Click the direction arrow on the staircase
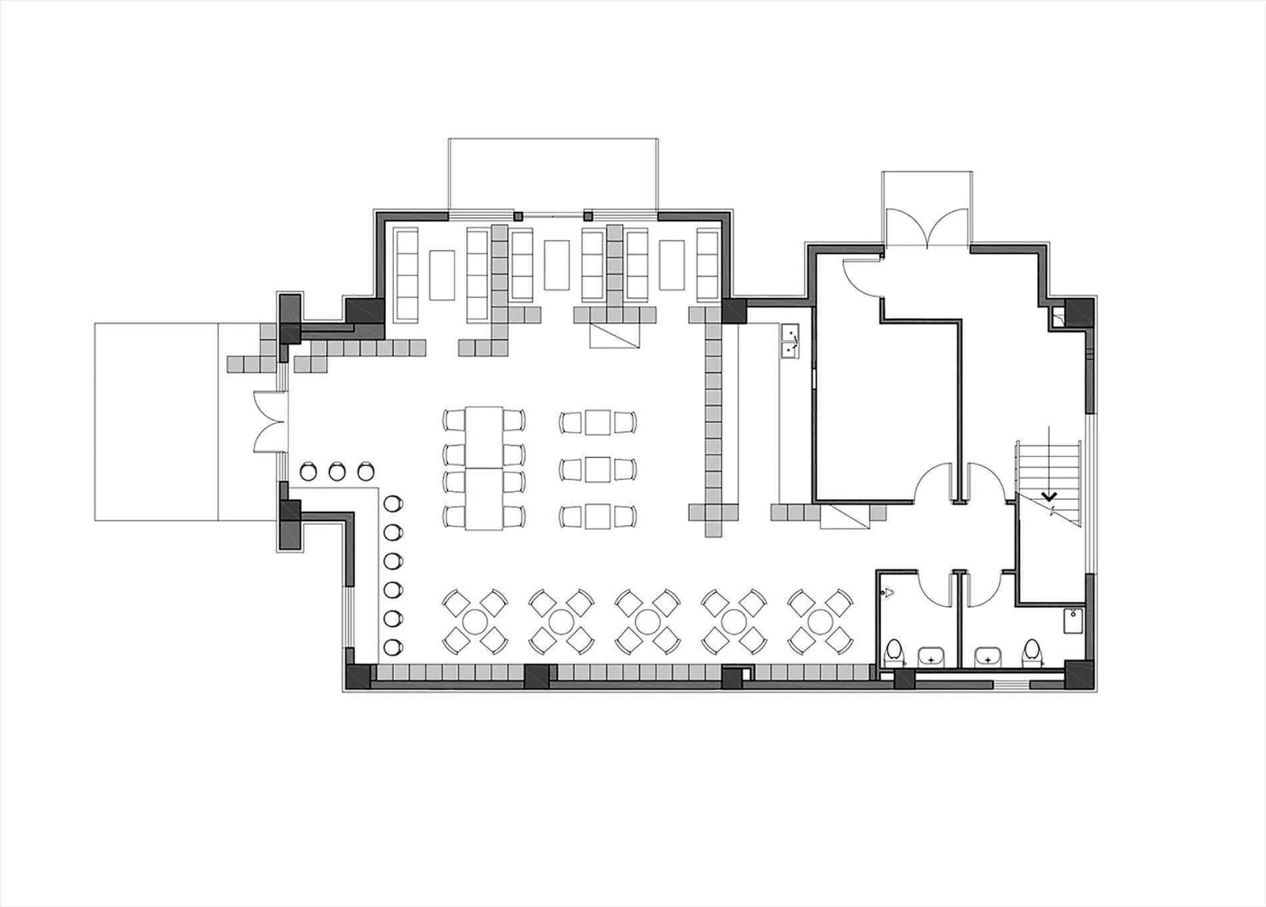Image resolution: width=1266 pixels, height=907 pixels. tap(1050, 497)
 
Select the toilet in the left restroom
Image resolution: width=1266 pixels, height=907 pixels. tap(894, 652)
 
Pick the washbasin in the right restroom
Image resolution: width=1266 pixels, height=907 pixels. tap(987, 656)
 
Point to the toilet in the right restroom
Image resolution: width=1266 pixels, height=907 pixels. tap(1031, 651)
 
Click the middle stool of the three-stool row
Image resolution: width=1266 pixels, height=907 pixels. tap(337, 471)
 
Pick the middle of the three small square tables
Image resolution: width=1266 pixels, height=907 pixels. tap(598, 469)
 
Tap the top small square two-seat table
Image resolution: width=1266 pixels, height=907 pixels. tap(598, 422)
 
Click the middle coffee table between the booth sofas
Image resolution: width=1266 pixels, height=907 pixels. tap(557, 264)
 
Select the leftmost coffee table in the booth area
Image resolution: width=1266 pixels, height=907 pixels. tap(442, 274)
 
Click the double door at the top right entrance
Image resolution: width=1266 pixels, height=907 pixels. tap(927, 229)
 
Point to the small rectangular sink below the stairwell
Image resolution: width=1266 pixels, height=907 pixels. tap(1072, 621)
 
